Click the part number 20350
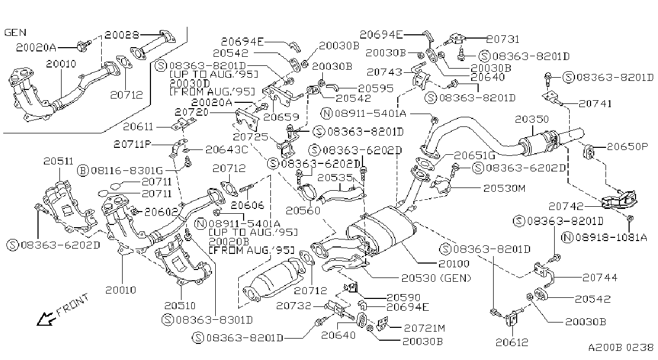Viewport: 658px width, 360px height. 532,119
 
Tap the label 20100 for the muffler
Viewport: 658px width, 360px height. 454,264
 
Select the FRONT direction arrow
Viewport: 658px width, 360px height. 46,319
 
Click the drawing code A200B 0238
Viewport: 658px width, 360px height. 621,347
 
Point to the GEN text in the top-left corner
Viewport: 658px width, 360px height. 16,32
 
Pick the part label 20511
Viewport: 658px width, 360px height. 58,161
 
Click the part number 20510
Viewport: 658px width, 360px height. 180,306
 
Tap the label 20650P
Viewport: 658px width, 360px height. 627,146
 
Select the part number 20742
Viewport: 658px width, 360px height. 566,206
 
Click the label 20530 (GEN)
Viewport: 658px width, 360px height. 436,278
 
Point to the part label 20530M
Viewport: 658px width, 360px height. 504,188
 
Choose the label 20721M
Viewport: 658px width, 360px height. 425,328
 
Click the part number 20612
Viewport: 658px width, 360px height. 512,342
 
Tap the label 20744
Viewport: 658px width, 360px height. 600,277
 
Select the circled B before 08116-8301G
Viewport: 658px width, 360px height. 83,170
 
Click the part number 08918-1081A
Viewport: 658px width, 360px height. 611,237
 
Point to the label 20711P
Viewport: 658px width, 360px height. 132,144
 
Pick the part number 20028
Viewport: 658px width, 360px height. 122,35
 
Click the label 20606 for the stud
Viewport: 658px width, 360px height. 248,205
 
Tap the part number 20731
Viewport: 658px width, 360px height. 503,39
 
